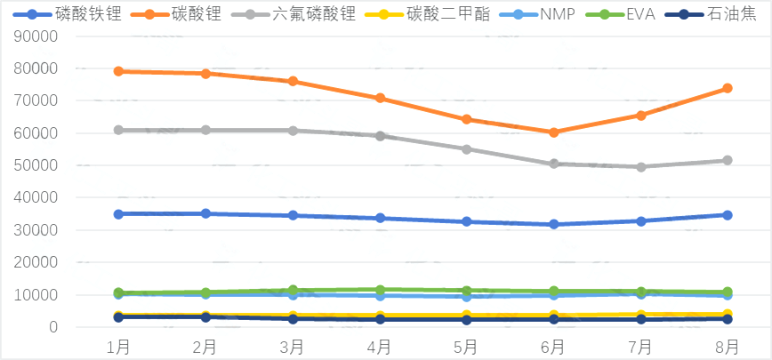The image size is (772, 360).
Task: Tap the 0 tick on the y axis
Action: pyautogui.click(x=53, y=327)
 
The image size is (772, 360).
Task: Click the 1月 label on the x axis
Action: pyautogui.click(x=118, y=344)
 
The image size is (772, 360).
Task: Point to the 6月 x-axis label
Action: pyautogui.click(x=553, y=344)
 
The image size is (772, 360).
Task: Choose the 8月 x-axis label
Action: pyautogui.click(x=728, y=344)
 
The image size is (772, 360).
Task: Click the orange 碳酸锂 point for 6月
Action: pyautogui.click(x=553, y=132)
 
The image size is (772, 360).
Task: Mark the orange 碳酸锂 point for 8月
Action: pyautogui.click(x=728, y=88)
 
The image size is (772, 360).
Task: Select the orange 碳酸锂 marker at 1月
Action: pyautogui.click(x=118, y=71)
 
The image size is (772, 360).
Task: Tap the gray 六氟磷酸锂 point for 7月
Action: pyautogui.click(x=640, y=166)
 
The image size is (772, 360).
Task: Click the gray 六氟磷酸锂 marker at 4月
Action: pyautogui.click(x=380, y=136)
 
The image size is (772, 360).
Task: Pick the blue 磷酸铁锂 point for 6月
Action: pyautogui.click(x=553, y=224)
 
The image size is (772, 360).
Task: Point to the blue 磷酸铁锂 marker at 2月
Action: pyautogui.click(x=205, y=213)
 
